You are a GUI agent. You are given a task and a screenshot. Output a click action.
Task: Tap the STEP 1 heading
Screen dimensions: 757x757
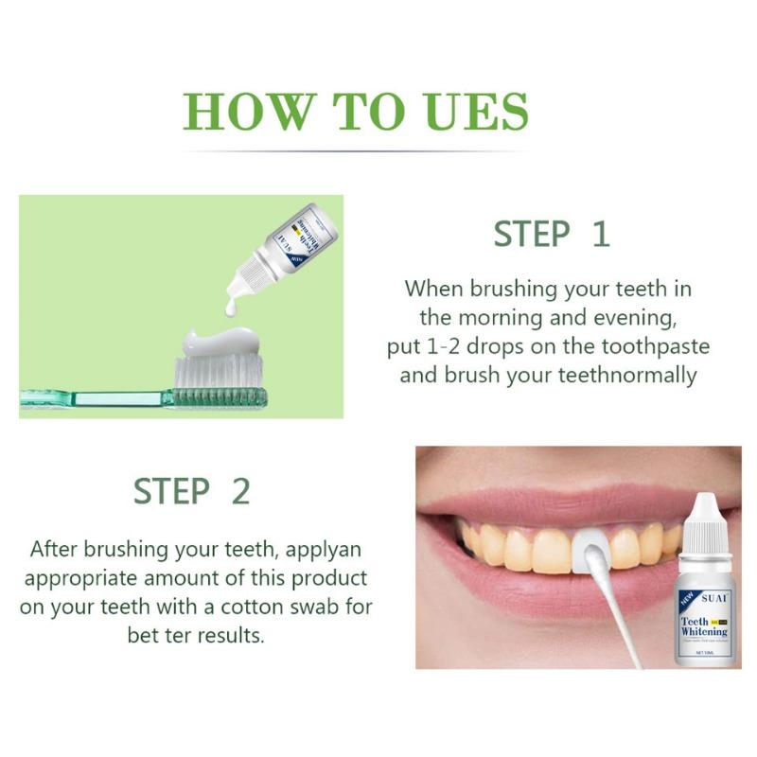click(x=552, y=234)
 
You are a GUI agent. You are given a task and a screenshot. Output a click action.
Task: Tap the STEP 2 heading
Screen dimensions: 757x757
click(x=191, y=491)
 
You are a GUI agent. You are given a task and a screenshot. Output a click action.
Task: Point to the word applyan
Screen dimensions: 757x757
click(x=317, y=548)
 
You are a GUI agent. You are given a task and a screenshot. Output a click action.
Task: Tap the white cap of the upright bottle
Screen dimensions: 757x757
click(x=701, y=526)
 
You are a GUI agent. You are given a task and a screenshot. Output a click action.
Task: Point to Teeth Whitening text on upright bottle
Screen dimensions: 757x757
click(x=704, y=625)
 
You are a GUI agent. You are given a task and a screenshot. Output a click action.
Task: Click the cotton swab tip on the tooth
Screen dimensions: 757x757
click(x=587, y=547)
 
